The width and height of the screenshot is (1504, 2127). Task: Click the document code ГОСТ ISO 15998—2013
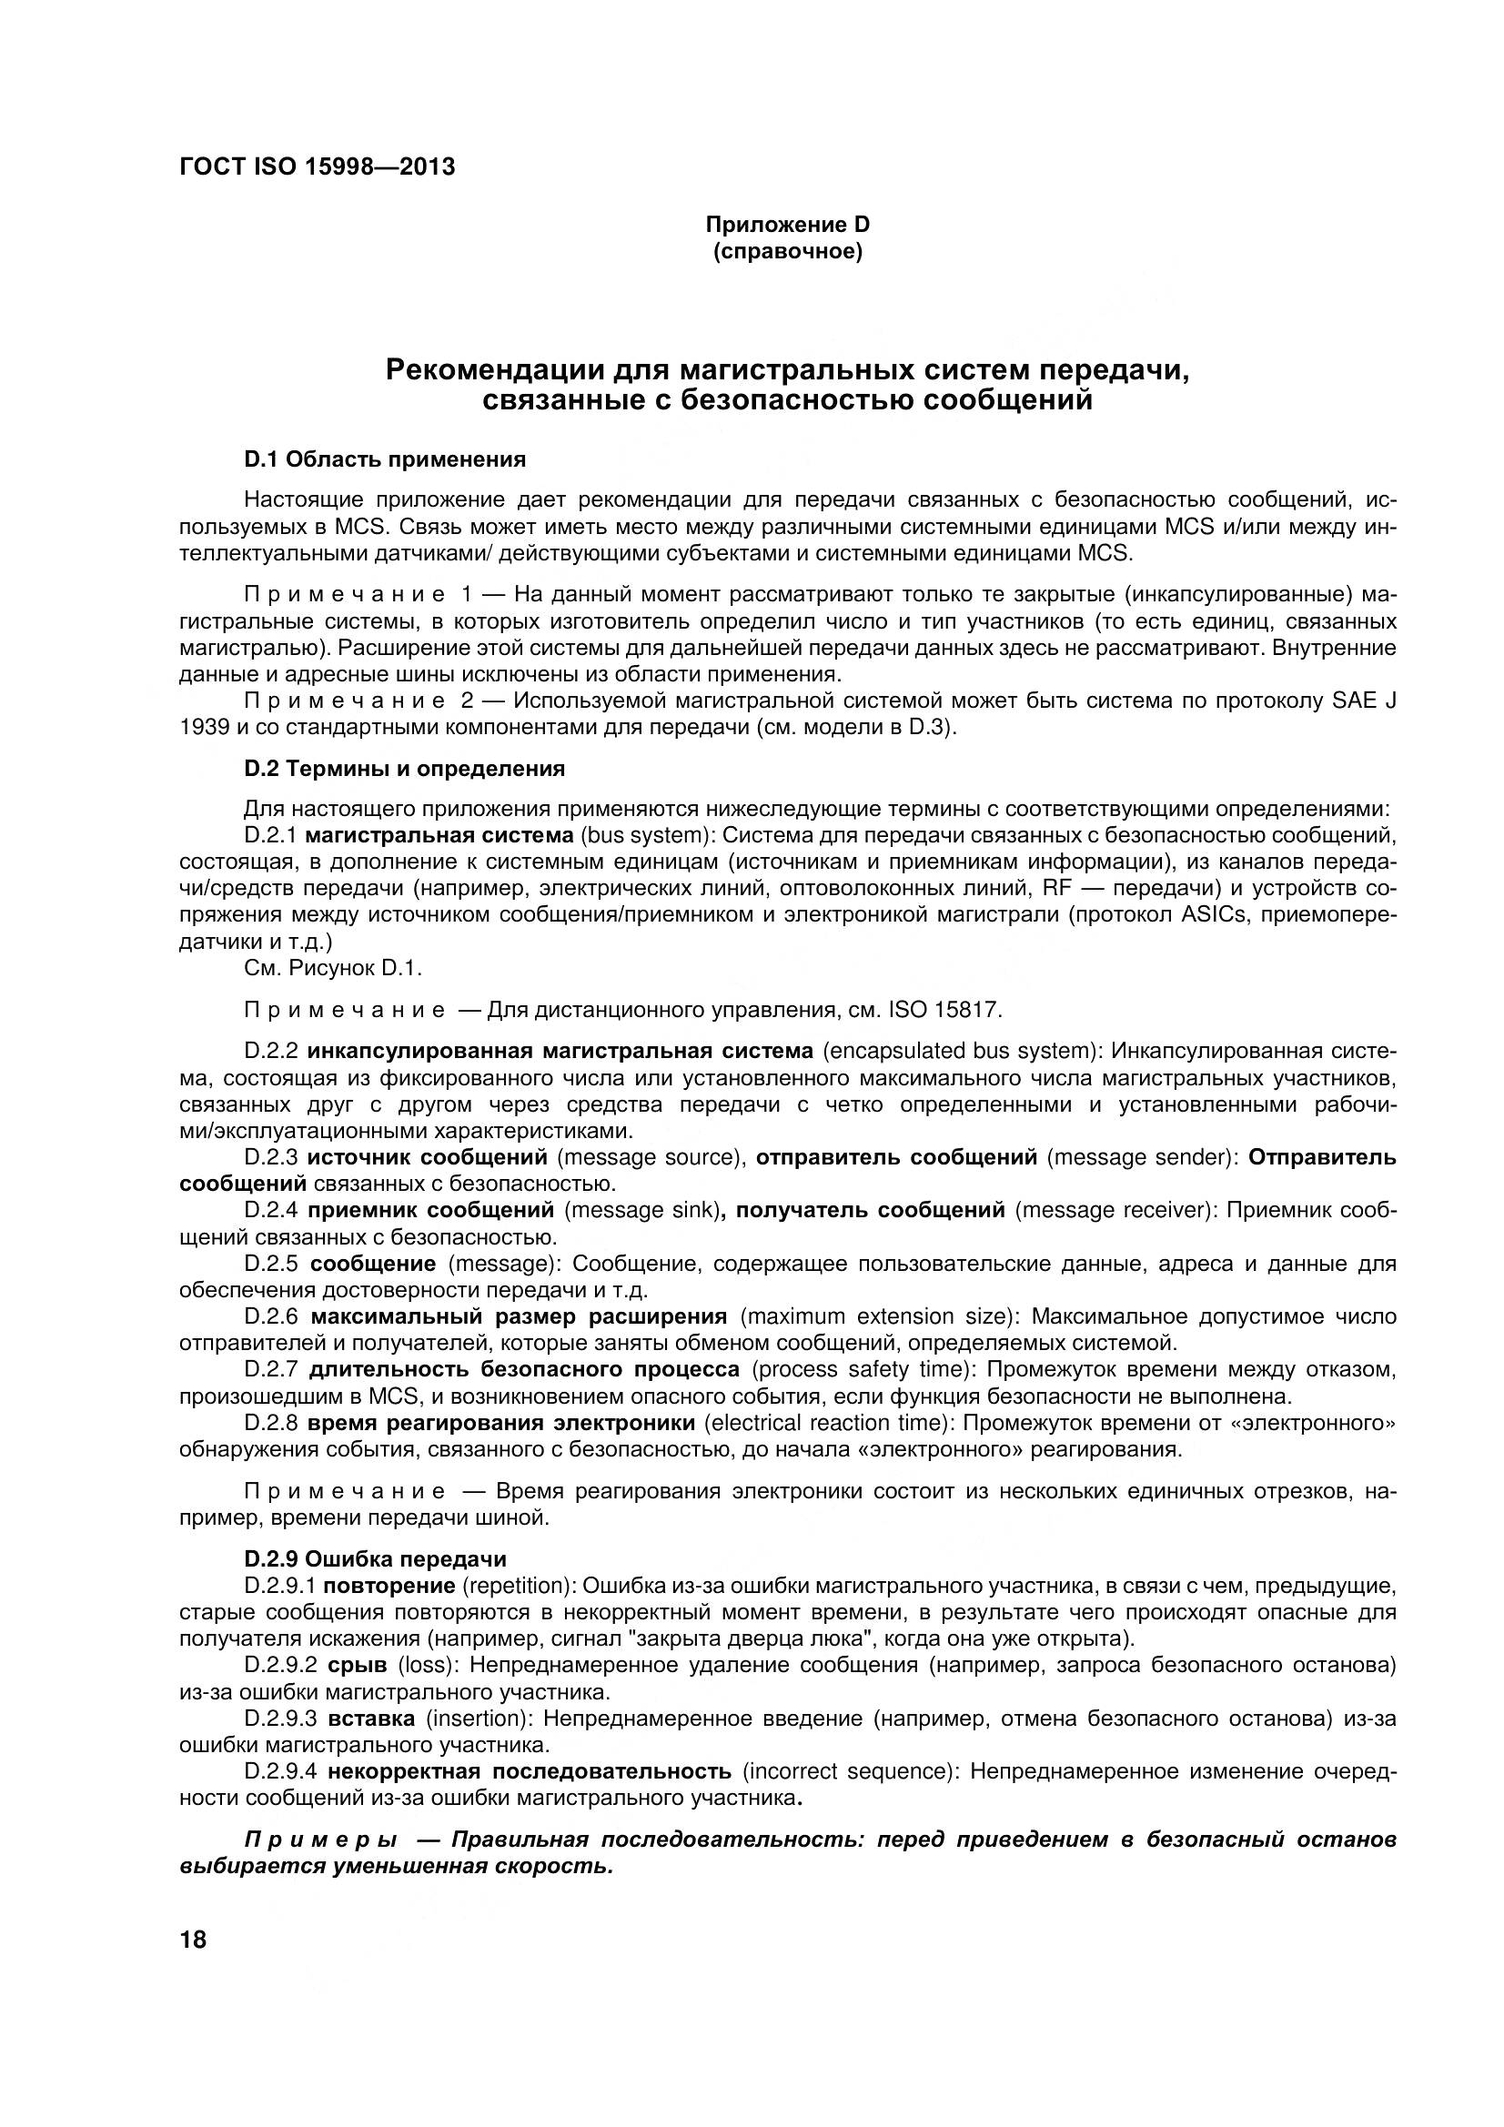click(317, 167)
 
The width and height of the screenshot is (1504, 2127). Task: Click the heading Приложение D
click(788, 225)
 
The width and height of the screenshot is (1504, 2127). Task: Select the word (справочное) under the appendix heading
click(788, 252)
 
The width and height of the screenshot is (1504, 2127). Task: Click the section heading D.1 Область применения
click(385, 459)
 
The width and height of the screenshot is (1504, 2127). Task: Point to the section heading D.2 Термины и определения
click(404, 769)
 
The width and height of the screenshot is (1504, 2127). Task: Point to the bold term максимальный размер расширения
click(519, 1316)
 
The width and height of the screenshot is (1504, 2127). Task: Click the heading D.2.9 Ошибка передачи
click(375, 1559)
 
